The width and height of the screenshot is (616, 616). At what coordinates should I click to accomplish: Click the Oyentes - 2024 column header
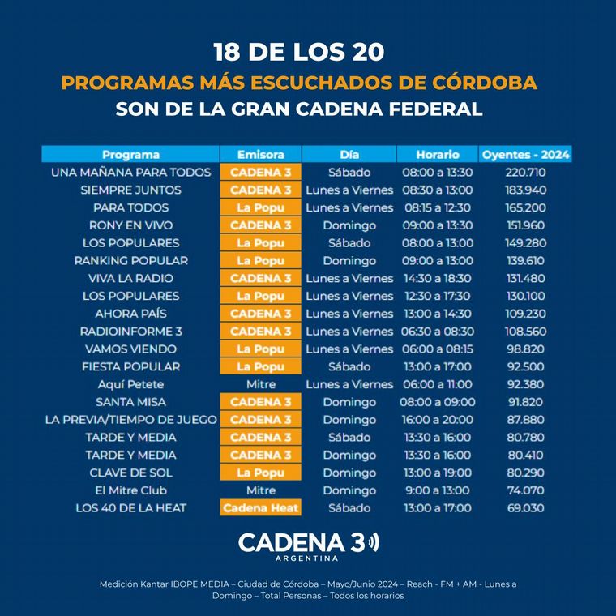coord(526,154)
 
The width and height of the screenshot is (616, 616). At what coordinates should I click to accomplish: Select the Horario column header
coord(438,154)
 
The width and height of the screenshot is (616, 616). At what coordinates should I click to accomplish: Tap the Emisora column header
coord(260,154)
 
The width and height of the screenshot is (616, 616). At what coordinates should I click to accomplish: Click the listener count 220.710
coord(526,172)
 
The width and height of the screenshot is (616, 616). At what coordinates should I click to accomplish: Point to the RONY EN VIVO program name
coord(130,225)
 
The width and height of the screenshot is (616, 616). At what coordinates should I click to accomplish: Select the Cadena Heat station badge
coord(260,508)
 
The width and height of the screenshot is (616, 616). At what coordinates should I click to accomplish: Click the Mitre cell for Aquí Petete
coord(260,384)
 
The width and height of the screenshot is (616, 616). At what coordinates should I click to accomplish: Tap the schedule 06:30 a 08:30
coord(437,332)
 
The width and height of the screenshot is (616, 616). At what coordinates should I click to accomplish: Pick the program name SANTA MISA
coord(130,402)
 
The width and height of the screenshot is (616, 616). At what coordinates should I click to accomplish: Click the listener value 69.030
coord(526,508)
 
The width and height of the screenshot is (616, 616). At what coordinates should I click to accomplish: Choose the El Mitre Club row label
coord(130,490)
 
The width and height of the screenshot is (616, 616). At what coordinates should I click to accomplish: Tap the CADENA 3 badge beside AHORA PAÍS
coord(260,314)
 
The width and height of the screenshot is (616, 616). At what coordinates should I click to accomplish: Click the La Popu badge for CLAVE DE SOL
coord(260,473)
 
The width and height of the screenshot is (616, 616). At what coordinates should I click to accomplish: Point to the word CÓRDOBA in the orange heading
coord(485,83)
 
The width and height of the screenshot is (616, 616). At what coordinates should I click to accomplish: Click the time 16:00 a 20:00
coord(437,420)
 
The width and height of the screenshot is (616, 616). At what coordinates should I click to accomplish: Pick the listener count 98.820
coord(526,349)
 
